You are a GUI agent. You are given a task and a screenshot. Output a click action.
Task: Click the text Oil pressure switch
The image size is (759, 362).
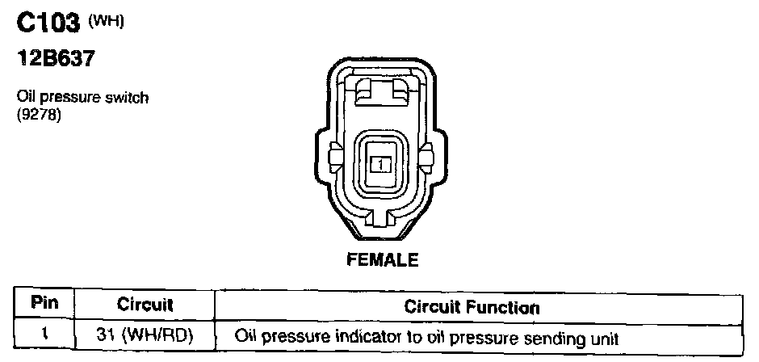(x=82, y=98)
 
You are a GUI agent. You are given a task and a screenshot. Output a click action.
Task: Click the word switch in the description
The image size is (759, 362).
(x=128, y=98)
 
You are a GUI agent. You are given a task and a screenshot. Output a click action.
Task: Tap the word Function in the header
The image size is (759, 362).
(x=507, y=306)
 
